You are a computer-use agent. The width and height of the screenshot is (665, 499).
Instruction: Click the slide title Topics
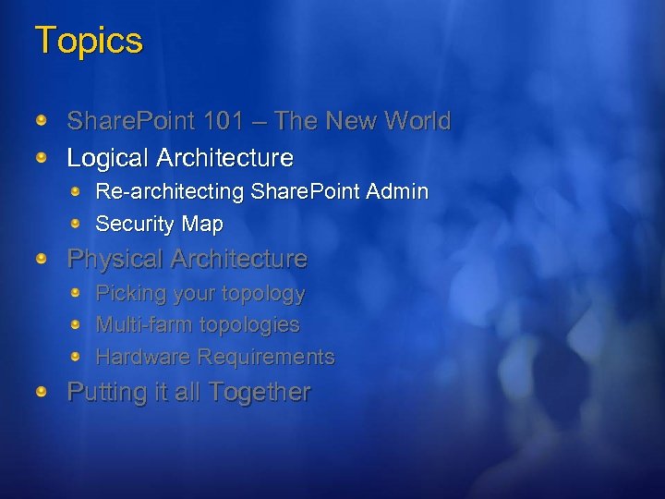coord(89,42)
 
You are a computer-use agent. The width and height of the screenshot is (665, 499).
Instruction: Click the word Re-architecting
coord(170,192)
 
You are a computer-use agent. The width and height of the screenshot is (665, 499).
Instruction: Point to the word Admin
coord(397,192)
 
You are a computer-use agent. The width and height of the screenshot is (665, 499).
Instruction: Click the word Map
coord(202,224)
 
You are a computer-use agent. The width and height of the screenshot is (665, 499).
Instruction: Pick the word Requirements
coord(267,357)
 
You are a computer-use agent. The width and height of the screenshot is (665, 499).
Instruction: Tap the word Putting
coord(104,393)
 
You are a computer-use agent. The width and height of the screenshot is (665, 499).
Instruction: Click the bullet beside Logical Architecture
coord(42,158)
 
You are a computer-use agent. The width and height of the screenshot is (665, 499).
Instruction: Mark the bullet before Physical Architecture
coord(42,259)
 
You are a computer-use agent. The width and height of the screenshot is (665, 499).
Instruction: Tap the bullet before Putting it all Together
coord(42,392)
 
